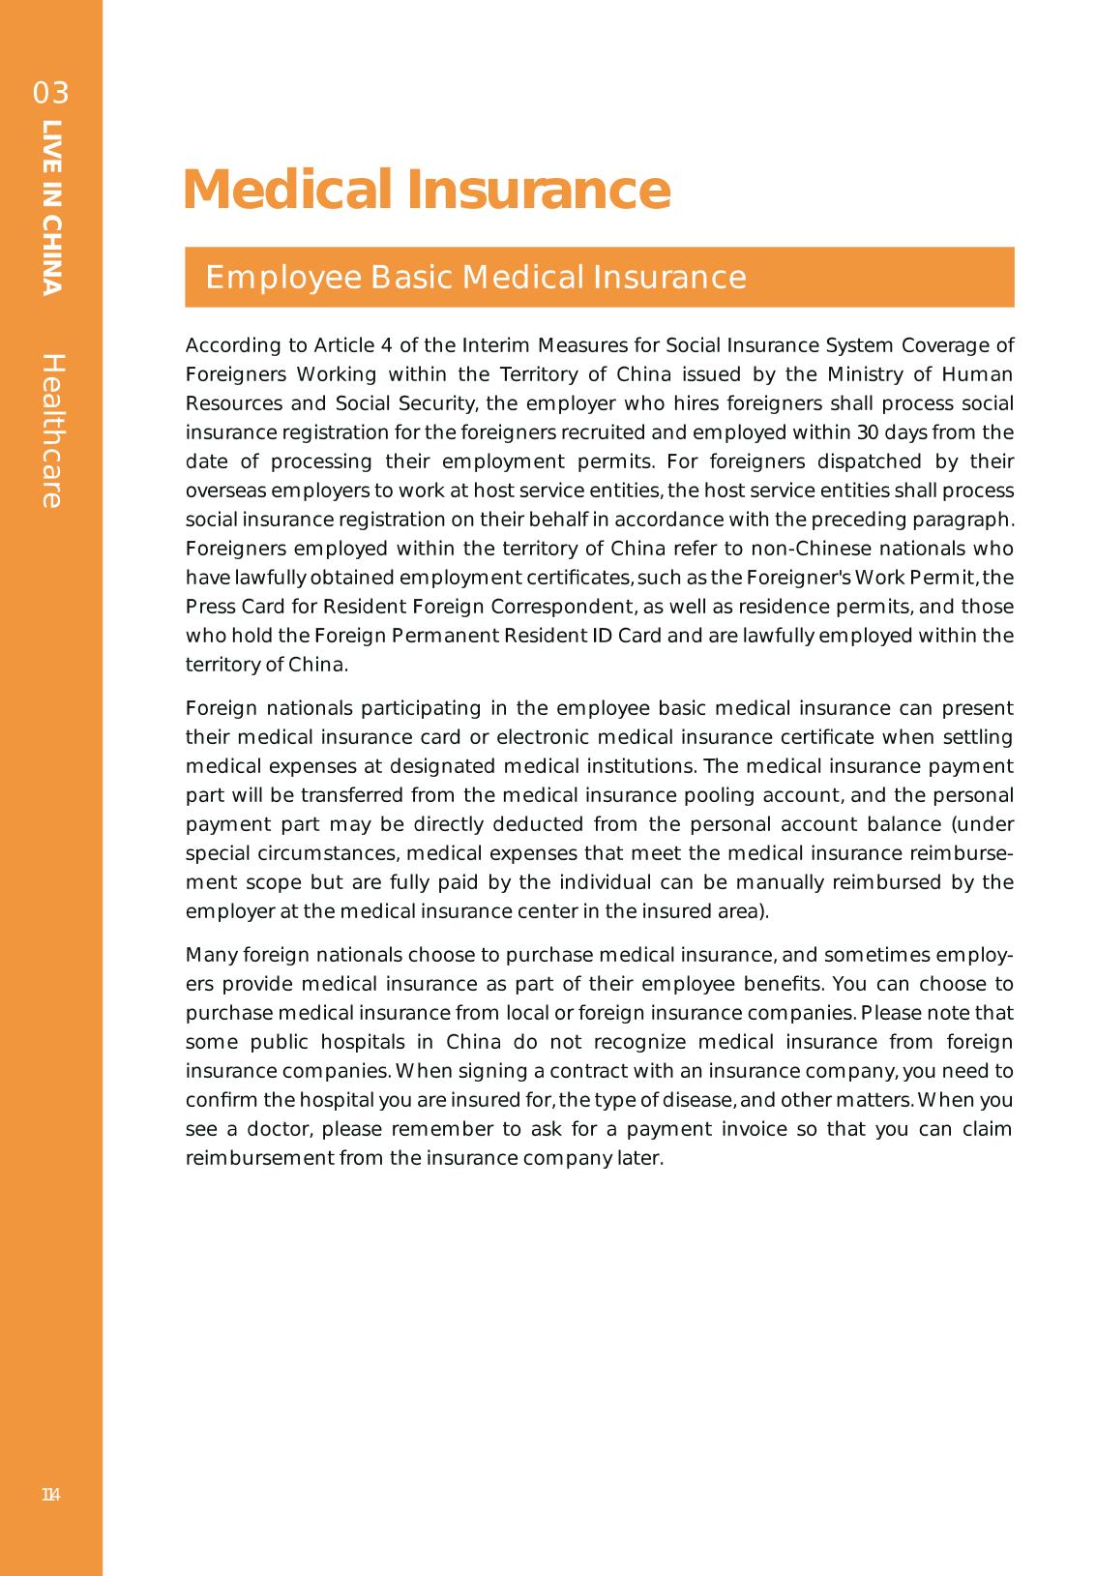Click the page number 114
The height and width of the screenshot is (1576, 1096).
pyautogui.click(x=51, y=1495)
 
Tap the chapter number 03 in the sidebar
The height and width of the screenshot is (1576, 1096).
pyautogui.click(x=51, y=94)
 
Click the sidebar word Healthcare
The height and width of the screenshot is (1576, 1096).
pyautogui.click(x=52, y=431)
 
